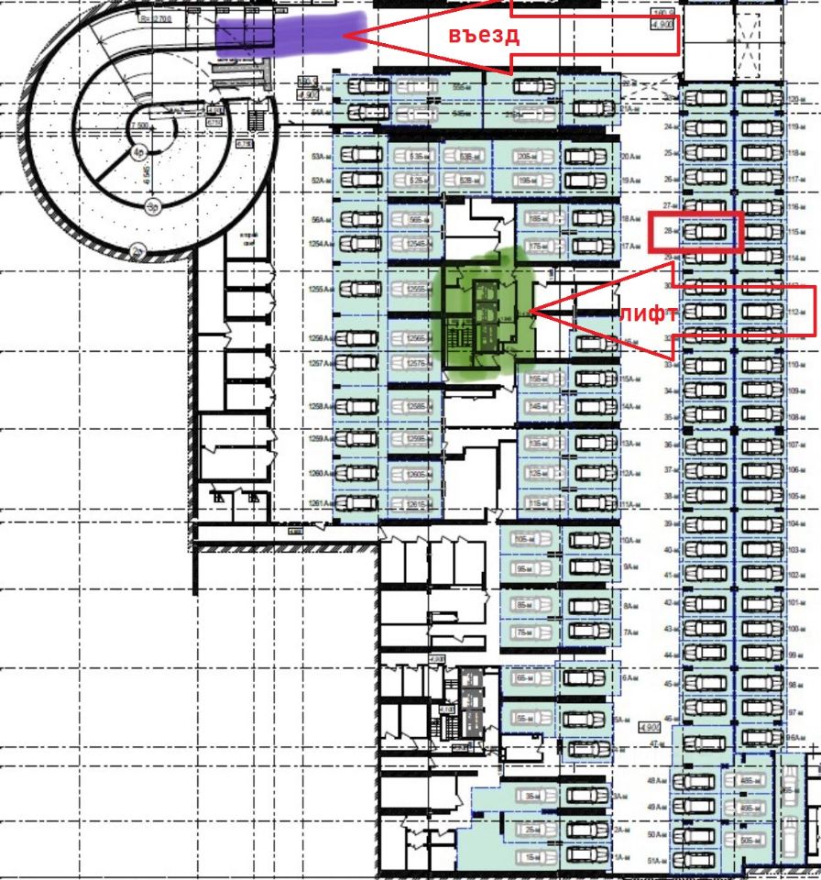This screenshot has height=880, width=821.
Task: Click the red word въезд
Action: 485,36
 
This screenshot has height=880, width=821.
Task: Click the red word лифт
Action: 648,313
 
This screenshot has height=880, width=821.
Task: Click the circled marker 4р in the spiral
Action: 138,152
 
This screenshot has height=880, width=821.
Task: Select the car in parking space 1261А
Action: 358,503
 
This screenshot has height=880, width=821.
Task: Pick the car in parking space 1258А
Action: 358,406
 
